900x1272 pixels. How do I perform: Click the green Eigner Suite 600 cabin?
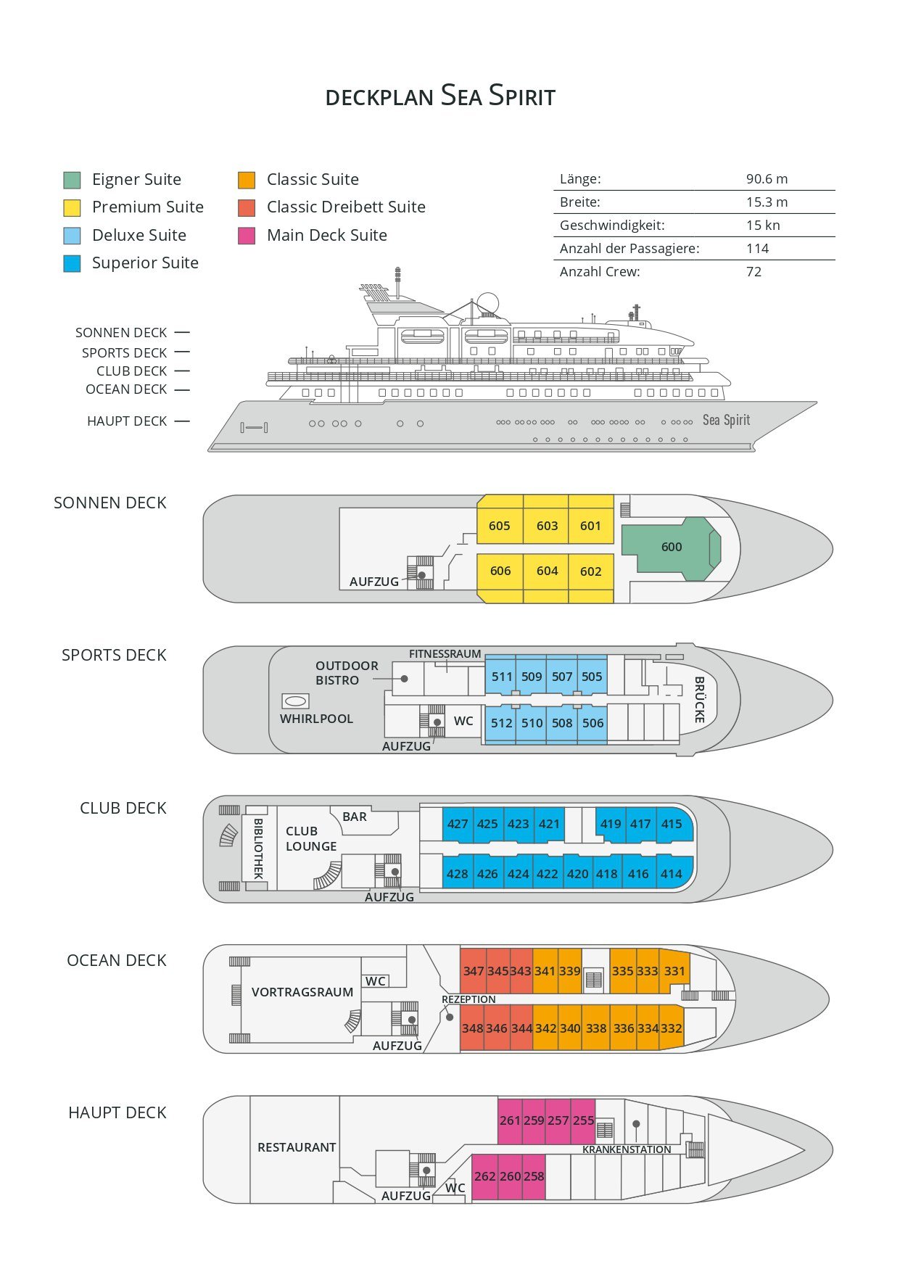671,548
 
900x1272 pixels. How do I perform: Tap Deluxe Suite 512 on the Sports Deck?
500,723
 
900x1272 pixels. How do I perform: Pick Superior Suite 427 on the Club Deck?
458,824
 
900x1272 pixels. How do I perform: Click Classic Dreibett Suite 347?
473,971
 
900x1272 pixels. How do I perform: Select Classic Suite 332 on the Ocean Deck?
672,1028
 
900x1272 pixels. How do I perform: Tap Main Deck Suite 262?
484,1176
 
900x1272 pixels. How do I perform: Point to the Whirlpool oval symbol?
295,701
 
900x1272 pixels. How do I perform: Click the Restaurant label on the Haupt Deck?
297,1147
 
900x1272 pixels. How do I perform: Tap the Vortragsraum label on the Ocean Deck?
302,992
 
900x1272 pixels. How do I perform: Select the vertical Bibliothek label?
257,848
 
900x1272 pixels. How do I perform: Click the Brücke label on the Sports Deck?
699,700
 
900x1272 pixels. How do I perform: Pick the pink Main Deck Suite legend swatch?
247,236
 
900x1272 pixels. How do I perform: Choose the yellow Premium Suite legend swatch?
72,208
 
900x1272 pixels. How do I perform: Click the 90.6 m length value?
767,179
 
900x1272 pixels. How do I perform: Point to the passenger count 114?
757,249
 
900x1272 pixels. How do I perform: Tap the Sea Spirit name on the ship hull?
726,420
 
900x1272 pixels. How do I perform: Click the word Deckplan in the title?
379,97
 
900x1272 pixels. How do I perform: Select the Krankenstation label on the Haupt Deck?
627,1149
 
